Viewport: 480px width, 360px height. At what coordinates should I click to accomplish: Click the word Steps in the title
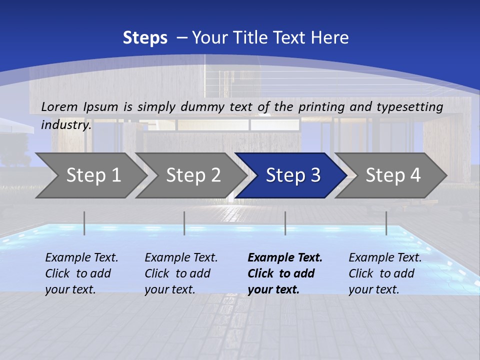tap(145, 37)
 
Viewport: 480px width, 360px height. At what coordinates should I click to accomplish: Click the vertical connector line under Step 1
tap(84, 223)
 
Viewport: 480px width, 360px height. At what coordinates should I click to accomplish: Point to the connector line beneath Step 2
tap(184, 223)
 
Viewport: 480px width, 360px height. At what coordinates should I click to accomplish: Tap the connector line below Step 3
tap(285, 223)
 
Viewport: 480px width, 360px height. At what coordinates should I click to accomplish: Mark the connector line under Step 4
tap(386, 223)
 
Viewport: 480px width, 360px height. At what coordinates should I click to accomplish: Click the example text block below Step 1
tap(81, 273)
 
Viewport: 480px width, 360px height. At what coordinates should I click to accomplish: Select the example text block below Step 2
tap(181, 273)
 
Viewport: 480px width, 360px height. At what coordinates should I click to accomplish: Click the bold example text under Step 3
tap(285, 273)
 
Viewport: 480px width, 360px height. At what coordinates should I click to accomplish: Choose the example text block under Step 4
tap(385, 273)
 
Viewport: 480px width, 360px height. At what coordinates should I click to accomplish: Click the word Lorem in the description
tap(59, 106)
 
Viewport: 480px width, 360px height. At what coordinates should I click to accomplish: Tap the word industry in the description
tap(66, 124)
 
